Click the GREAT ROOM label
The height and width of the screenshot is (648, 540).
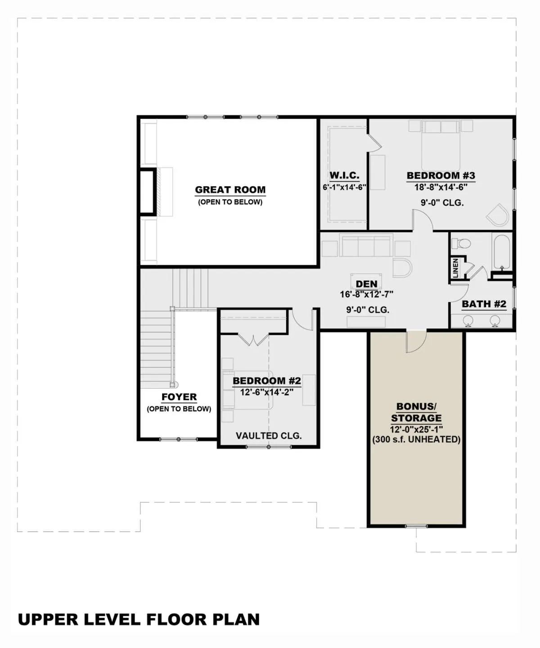pos(230,190)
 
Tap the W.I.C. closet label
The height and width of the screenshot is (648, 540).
pos(344,175)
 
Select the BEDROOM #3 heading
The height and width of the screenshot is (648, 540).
pos(441,175)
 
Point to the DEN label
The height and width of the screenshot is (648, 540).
pos(366,284)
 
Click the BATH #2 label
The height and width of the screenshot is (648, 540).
pos(484,304)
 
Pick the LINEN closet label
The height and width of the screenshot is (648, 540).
pos(455,268)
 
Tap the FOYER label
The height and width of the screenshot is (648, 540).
pos(179,397)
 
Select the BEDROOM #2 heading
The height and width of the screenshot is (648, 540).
pos(267,380)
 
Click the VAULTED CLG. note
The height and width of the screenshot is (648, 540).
pos(269,436)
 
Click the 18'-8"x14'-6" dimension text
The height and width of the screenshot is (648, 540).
pos(441,187)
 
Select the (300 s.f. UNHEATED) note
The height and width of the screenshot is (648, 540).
pos(416,439)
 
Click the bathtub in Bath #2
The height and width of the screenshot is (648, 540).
pos(501,252)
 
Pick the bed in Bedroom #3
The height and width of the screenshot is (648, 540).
pos(441,146)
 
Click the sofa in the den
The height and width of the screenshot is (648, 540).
pos(366,246)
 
